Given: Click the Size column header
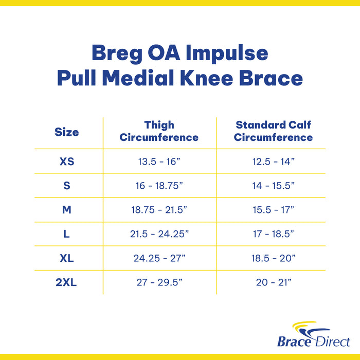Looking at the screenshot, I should [x=67, y=132].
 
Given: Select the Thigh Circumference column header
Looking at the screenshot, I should [x=159, y=131].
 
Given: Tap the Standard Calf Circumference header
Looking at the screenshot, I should [x=273, y=131].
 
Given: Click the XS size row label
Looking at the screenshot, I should [x=67, y=161].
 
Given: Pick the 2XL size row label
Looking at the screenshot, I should [x=67, y=282].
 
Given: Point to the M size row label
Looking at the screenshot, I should [x=67, y=210].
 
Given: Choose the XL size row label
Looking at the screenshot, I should [x=67, y=258].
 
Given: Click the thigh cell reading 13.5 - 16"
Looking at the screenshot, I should [x=159, y=161].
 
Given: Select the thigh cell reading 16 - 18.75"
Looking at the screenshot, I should [x=159, y=186].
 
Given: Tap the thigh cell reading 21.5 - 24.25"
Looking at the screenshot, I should [x=159, y=234].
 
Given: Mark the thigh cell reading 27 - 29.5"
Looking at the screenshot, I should [x=159, y=282].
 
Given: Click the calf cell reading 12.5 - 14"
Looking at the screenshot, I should [x=274, y=161].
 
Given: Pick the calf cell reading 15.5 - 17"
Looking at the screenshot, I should [x=274, y=210].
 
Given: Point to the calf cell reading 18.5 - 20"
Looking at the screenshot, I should [x=274, y=258].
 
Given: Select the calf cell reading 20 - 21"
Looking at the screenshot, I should [x=274, y=282].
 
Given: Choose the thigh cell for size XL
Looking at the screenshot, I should [x=159, y=258].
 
